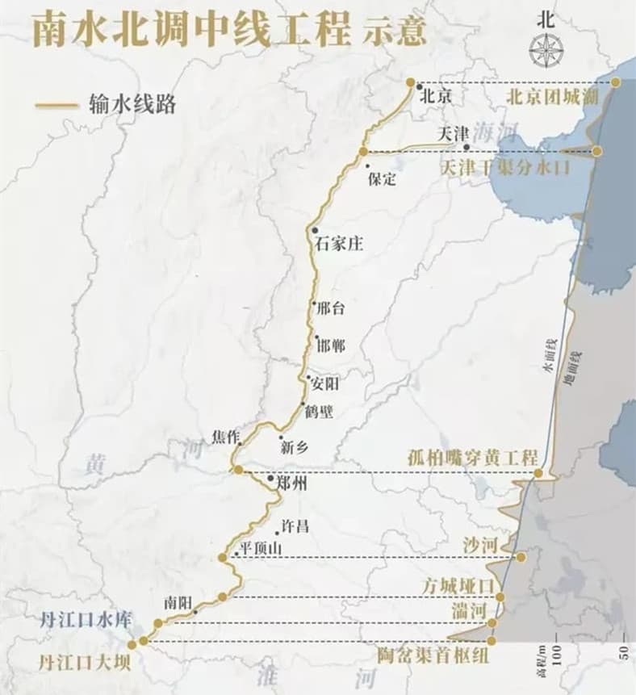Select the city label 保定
[381, 179]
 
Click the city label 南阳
[178, 601]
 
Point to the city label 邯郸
[332, 345]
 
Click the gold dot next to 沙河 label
[521, 557]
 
